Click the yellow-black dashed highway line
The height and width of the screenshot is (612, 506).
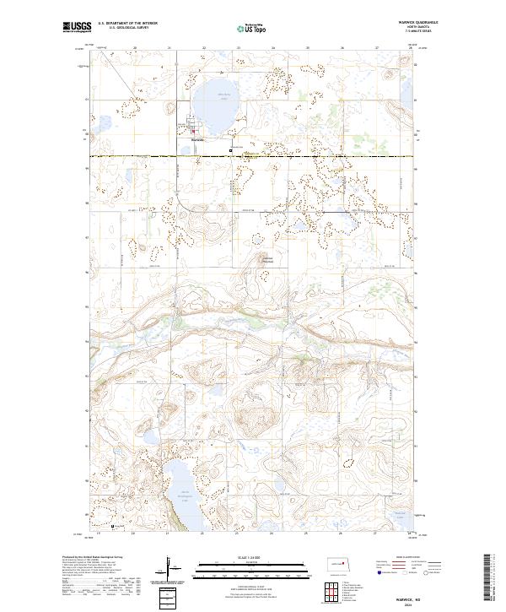coord(295,157)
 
